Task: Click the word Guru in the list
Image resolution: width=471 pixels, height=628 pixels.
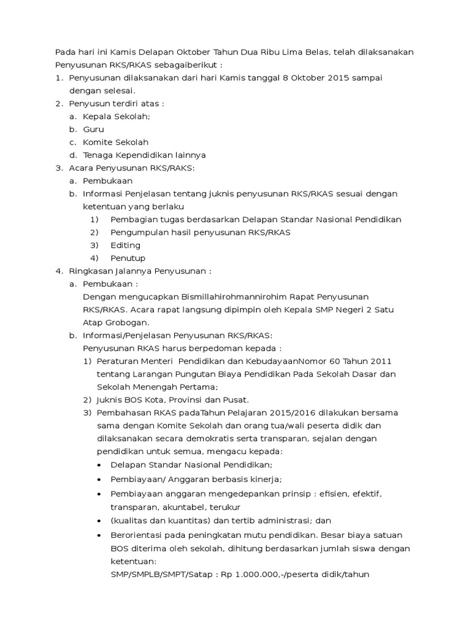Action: coord(94,129)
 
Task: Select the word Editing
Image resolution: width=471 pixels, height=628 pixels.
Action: coord(125,245)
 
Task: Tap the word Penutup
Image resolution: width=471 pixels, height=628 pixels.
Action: coord(128,258)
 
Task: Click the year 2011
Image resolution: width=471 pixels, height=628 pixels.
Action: coord(379,361)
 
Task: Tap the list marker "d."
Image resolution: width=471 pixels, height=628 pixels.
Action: coord(72,155)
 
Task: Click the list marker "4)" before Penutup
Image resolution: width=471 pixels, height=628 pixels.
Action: coord(94,258)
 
